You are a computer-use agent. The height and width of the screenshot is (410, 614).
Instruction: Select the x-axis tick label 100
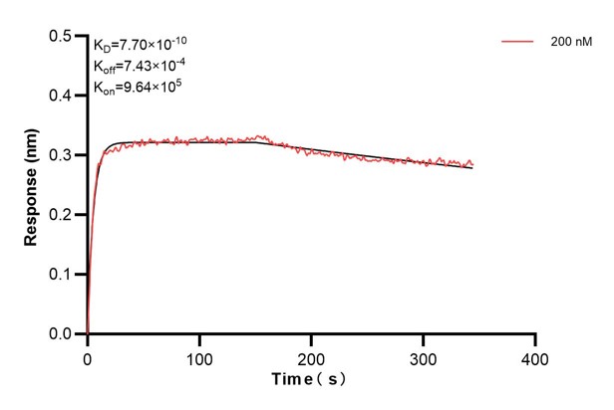(x=200, y=357)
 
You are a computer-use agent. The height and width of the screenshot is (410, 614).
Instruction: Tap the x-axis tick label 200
(x=312, y=357)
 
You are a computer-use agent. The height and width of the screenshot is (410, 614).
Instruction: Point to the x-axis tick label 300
(x=425, y=357)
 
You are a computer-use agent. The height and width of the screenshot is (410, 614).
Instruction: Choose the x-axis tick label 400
(x=536, y=357)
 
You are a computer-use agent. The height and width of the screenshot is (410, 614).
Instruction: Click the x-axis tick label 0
(x=88, y=357)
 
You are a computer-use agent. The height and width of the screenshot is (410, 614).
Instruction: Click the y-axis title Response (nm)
(x=32, y=185)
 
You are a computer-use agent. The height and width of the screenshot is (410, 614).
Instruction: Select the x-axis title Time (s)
(x=312, y=380)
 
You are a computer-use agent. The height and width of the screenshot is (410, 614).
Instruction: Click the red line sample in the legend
(x=517, y=43)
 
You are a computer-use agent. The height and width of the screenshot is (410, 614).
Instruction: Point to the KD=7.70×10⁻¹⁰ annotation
(x=141, y=44)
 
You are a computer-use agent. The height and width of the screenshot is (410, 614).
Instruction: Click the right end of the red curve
(x=472, y=164)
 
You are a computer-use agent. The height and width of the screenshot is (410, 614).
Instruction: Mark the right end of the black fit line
(x=472, y=168)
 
